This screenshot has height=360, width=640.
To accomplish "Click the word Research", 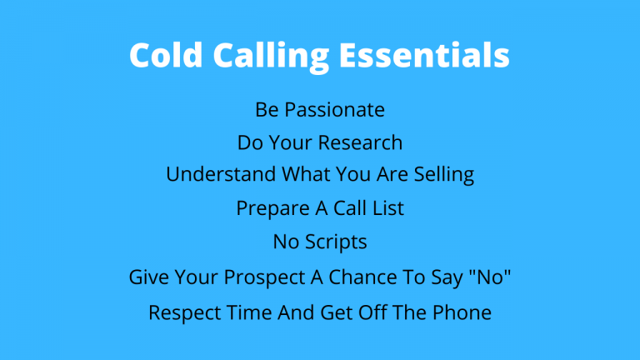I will (364, 142).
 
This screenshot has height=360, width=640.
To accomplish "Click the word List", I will (387, 209).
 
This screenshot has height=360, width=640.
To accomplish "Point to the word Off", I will (379, 313).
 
